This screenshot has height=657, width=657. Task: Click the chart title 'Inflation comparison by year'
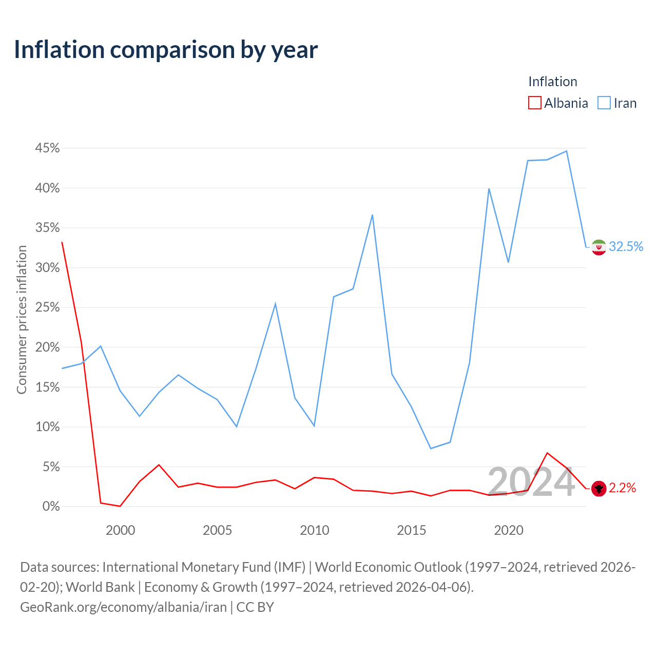tap(166, 50)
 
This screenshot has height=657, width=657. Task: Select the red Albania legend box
tap(534, 103)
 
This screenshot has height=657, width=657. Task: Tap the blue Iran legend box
tap(604, 103)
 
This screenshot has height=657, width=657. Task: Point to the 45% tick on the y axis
tap(47, 148)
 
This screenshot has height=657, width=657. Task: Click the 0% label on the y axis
tap(51, 506)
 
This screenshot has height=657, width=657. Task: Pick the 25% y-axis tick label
tap(47, 307)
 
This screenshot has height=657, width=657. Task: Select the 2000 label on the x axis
tap(120, 530)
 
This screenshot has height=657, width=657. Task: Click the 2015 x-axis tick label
tap(412, 530)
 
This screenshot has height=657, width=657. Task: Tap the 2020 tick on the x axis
tap(509, 530)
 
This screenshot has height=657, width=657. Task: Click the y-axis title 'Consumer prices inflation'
tap(22, 320)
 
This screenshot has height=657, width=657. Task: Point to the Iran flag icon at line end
tap(598, 247)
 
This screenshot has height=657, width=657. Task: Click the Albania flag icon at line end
tap(598, 489)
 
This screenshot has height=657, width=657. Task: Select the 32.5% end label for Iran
tap(626, 246)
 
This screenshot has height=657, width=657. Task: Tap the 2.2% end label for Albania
tap(622, 488)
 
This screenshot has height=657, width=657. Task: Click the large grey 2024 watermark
tap(531, 482)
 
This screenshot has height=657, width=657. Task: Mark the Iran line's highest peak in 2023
tap(567, 151)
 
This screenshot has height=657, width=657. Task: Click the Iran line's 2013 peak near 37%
tap(372, 215)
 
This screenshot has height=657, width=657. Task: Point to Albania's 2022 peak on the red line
tap(547, 453)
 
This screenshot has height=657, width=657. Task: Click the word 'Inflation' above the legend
tap(553, 82)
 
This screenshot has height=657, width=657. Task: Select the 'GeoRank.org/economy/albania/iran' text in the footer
tap(123, 607)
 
